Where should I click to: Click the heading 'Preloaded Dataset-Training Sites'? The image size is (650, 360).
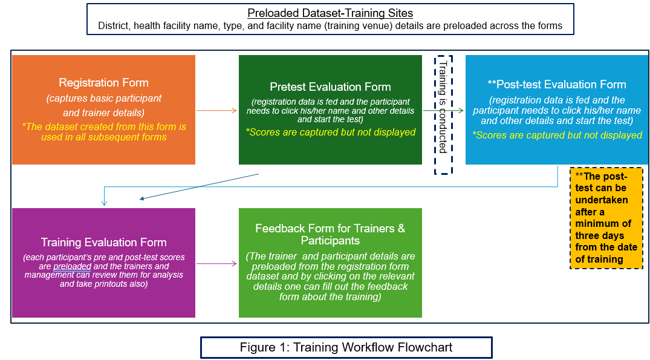tap(330, 13)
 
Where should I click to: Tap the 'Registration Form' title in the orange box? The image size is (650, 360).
tap(103, 82)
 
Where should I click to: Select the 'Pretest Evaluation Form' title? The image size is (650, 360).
tap(330, 87)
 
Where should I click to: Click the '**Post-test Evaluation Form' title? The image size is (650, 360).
tap(557, 84)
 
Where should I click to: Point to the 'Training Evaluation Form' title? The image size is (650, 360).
tap(103, 242)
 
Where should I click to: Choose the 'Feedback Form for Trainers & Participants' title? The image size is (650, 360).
tap(330, 234)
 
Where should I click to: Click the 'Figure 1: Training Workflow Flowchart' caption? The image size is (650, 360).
tap(346, 347)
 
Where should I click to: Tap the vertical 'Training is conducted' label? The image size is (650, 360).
tap(443, 106)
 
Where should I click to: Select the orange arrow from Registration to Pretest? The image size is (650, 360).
tap(216, 110)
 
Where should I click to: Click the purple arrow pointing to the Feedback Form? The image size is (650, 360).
tap(216, 263)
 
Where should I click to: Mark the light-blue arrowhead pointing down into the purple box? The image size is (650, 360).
tap(104, 203)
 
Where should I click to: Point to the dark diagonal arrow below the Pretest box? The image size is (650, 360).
tap(199, 186)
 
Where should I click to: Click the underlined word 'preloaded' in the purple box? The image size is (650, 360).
tap(72, 266)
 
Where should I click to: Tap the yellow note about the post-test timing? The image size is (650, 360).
tap(606, 218)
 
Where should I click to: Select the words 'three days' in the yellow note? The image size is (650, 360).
tap(599, 235)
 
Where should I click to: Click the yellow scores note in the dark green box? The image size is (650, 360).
tap(330, 133)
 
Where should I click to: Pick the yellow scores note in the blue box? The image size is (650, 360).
tap(557, 135)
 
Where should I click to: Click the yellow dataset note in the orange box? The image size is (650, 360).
tap(103, 132)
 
